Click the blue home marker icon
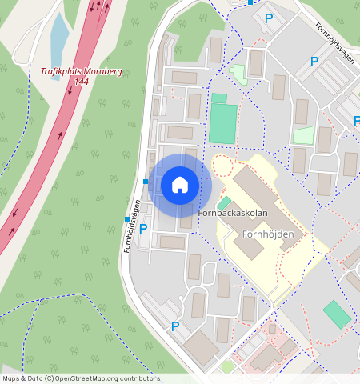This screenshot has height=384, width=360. (180, 186)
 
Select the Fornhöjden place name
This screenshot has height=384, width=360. (268, 234)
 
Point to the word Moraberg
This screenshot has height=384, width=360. (103, 71)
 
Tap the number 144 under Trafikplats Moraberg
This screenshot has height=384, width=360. (81, 82)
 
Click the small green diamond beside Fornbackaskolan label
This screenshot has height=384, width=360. (223, 203)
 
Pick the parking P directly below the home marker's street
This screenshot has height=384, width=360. (143, 229)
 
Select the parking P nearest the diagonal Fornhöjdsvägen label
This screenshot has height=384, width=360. (314, 61)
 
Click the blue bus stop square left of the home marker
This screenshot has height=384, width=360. (146, 181)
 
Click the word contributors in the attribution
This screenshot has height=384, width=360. (141, 378)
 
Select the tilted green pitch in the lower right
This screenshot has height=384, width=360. (337, 314)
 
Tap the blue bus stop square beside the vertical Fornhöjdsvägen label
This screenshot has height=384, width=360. (126, 218)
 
